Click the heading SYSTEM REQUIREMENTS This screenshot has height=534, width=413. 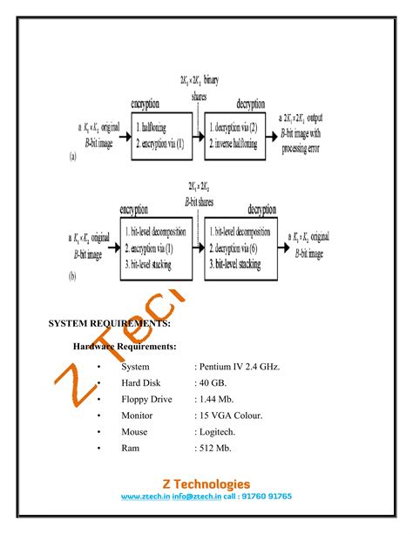[109, 323]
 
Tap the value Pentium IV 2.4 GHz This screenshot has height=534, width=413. [238, 367]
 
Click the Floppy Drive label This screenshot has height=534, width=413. [146, 399]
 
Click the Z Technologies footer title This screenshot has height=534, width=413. [206, 484]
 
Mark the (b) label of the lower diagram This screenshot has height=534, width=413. [73, 277]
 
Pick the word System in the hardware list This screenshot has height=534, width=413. [136, 367]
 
